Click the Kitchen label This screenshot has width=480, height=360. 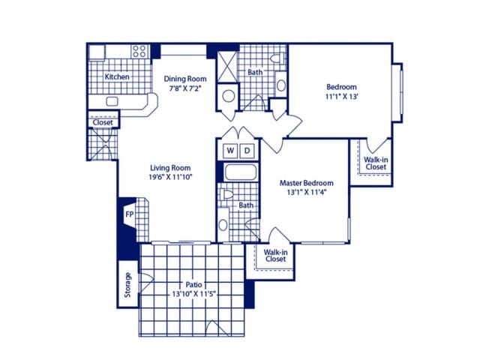coord(117,76)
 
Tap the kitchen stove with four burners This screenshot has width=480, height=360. coord(139,51)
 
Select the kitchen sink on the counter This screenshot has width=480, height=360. coord(112,101)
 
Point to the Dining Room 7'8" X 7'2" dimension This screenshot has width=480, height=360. coord(185,89)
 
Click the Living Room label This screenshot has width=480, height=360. coord(170,168)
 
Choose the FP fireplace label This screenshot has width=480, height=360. coord(130,214)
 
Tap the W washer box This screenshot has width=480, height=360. coord(230,151)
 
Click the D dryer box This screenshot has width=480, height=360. coord(247,151)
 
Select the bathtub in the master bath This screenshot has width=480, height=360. coord(241,172)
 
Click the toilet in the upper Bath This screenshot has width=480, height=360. coord(277,58)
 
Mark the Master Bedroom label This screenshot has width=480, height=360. coord(307,183)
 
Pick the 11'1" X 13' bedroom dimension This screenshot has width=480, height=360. coord(342,97)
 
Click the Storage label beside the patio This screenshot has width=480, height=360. coord(127,285)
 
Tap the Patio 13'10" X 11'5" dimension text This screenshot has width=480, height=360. coord(194,294)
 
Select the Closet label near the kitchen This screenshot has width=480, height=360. coord(103,122)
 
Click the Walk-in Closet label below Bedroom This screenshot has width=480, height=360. coord(376,163)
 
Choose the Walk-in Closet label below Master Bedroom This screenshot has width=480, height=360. coord(275,256)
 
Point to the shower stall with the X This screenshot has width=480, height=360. coord(227,67)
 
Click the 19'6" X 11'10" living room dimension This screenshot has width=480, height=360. coord(170,177)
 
